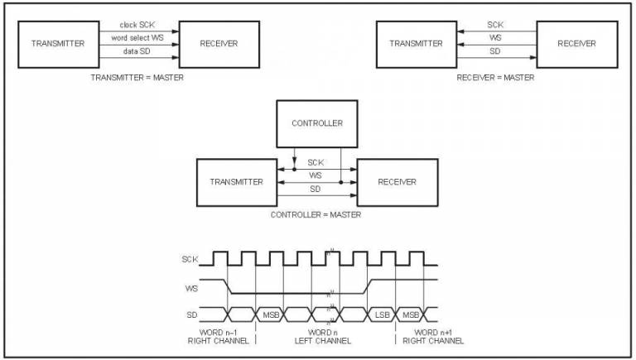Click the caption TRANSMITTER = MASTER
137,78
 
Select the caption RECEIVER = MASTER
495,78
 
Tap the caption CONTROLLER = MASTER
316,214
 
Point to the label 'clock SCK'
137,25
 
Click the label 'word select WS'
137,38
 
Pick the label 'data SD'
137,51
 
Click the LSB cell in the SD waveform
382,314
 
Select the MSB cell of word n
271,314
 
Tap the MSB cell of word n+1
410,314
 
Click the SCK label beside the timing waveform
190,259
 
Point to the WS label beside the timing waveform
191,289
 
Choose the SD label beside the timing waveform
192,314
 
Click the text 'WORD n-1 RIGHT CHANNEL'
219,337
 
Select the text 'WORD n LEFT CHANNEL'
323,337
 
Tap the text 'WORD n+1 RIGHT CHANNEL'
433,337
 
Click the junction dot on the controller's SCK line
295,169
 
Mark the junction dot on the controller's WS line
340,182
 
